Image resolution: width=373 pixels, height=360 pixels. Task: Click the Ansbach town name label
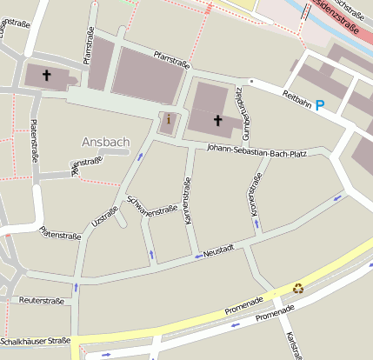coord(104,142)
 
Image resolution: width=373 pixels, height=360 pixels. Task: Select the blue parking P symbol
coord(320,105)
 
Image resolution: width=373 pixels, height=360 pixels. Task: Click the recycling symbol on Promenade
coord(298,288)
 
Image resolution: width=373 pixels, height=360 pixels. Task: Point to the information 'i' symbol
coord(169,120)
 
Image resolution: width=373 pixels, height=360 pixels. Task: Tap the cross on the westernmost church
coord(46,76)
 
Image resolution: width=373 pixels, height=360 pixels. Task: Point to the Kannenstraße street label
coord(186,202)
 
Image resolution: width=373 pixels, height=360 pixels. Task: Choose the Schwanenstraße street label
coord(151,206)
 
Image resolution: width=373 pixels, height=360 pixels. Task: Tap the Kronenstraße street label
coord(256,194)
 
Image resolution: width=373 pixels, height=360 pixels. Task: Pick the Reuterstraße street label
coord(41,300)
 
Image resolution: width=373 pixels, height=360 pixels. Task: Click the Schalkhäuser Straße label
coord(35,341)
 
